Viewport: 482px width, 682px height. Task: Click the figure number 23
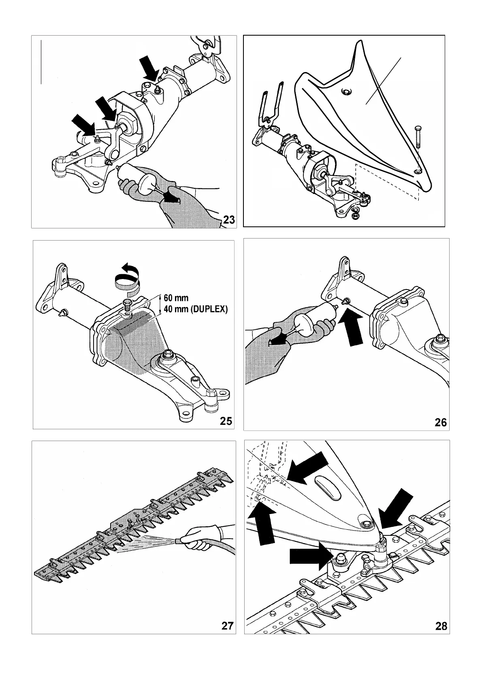pos(229,220)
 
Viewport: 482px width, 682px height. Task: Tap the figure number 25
pos(226,421)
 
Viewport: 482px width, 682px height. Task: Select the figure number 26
pos(440,422)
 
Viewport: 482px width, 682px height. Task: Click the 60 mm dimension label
pos(176,298)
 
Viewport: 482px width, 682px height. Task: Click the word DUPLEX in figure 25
pos(209,310)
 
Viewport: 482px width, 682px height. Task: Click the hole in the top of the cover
pos(345,92)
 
